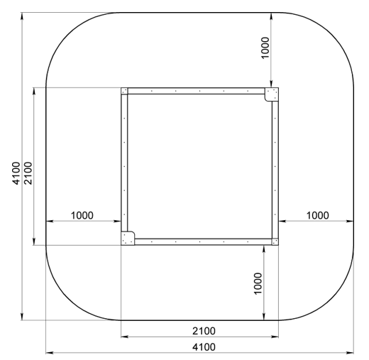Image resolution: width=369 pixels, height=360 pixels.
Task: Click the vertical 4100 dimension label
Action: (16, 173)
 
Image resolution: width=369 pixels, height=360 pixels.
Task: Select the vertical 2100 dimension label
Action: (28, 173)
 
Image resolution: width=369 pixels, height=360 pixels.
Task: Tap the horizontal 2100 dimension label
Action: (204, 331)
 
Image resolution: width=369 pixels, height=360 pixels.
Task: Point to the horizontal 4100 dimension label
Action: (204, 347)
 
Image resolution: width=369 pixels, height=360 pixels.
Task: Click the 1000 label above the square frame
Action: (265, 48)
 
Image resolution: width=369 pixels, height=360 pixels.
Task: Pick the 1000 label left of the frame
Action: (82, 215)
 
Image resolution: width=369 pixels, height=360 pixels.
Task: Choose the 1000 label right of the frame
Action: (317, 215)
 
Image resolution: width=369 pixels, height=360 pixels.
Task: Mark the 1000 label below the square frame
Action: (258, 283)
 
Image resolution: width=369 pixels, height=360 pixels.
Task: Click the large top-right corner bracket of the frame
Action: (271, 94)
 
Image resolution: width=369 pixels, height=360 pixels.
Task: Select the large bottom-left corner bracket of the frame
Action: (128, 239)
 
